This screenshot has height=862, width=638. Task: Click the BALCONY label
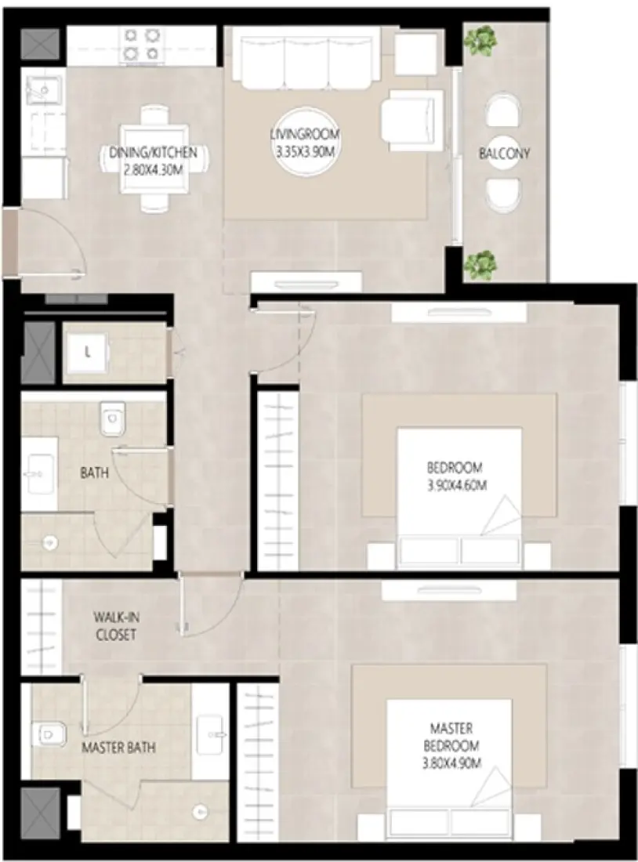coord(504,154)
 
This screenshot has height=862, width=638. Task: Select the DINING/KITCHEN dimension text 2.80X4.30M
coord(153,167)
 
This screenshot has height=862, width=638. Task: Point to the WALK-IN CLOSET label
coord(115,625)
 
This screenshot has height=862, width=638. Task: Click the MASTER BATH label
coord(118,748)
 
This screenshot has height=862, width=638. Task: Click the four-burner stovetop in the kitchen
coord(140,44)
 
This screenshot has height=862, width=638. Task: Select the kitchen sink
coord(38,92)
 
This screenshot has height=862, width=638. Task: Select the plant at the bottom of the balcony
coord(480,265)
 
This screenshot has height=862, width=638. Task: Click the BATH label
coord(94,473)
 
